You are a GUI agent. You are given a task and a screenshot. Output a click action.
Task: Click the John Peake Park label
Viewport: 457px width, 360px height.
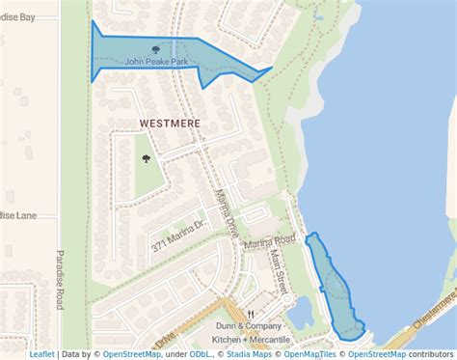coord(155,62)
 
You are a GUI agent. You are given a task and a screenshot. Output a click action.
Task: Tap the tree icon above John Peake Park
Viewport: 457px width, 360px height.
coord(155,48)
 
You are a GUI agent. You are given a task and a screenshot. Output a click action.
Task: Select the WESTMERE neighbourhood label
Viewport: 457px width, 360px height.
coord(171,123)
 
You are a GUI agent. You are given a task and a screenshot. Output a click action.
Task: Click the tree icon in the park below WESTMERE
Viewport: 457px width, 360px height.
coord(147,159)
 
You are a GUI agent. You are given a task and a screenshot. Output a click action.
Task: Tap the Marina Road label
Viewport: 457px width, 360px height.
coord(269,242)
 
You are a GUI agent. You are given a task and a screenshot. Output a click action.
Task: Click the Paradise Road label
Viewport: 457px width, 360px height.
coord(60,280)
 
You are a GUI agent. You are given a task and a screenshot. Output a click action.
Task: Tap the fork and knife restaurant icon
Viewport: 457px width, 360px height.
coord(251,314)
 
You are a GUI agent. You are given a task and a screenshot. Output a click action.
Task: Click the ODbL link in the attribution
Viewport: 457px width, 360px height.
coord(202,354)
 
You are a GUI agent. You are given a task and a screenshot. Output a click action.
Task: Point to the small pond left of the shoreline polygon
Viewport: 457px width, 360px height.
coord(300,311)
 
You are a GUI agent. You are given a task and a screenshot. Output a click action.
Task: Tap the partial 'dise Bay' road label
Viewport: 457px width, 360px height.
coord(18,16)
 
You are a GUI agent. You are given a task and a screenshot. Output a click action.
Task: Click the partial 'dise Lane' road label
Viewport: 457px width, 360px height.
coord(18,215)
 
